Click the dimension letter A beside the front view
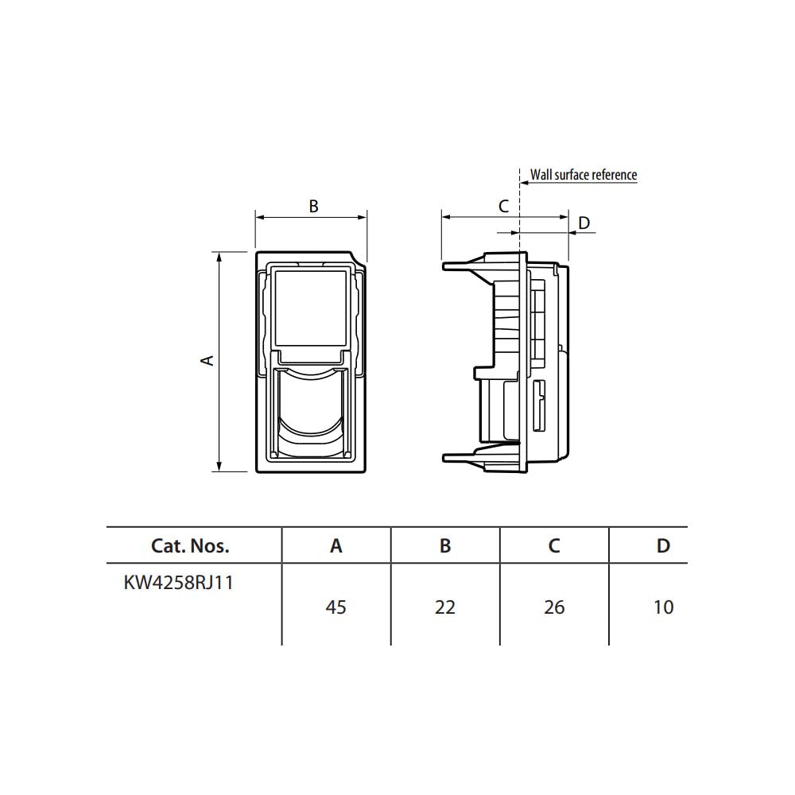pyautogui.click(x=207, y=360)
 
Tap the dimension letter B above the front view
pyautogui.click(x=314, y=206)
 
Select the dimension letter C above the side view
pyautogui.click(x=503, y=206)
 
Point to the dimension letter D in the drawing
pyautogui.click(x=584, y=223)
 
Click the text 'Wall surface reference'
pyautogui.click(x=584, y=174)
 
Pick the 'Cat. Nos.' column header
pyautogui.click(x=190, y=545)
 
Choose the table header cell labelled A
pyautogui.click(x=335, y=545)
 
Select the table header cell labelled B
pyautogui.click(x=445, y=545)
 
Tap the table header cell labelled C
pyautogui.click(x=554, y=545)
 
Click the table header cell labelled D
pyautogui.click(x=663, y=545)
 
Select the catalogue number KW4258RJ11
pyautogui.click(x=178, y=583)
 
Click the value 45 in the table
pyautogui.click(x=335, y=607)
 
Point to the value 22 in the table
pyautogui.click(x=445, y=607)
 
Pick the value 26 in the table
pyautogui.click(x=554, y=607)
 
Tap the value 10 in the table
pyautogui.click(x=663, y=607)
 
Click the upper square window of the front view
pyautogui.click(x=310, y=308)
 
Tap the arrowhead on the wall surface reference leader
pyautogui.click(x=524, y=182)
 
